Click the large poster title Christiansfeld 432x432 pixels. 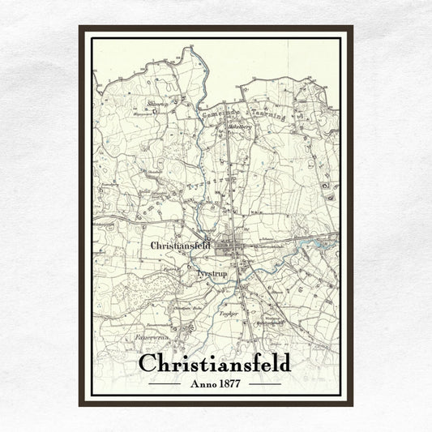coord(215,362)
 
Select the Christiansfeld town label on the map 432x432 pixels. coord(181,244)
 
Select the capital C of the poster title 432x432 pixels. coord(148,362)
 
